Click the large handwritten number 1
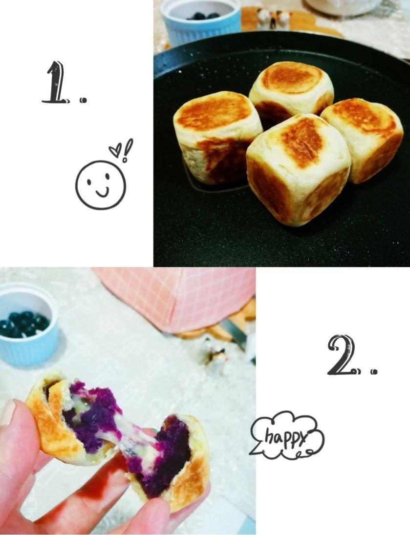coord(55,82)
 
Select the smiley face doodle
coord(101,185)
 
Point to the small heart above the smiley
coord(115,150)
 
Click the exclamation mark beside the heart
coord(127,150)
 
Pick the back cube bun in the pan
coord(291,89)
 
